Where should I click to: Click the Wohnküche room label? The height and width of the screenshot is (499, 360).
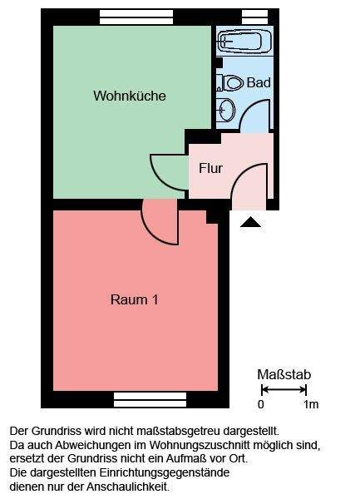click(x=129, y=96)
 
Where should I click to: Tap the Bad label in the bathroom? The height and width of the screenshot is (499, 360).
click(x=258, y=83)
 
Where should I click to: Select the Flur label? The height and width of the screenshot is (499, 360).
click(x=210, y=168)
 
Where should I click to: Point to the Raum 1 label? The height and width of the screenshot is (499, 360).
click(x=134, y=299)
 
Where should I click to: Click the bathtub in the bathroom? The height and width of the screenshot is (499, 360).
click(x=244, y=41)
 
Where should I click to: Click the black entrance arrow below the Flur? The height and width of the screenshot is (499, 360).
click(x=249, y=221)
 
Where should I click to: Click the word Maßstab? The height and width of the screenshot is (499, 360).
click(x=284, y=375)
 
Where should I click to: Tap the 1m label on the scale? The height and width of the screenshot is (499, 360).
click(x=311, y=405)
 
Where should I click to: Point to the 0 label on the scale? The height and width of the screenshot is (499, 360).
click(x=261, y=405)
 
